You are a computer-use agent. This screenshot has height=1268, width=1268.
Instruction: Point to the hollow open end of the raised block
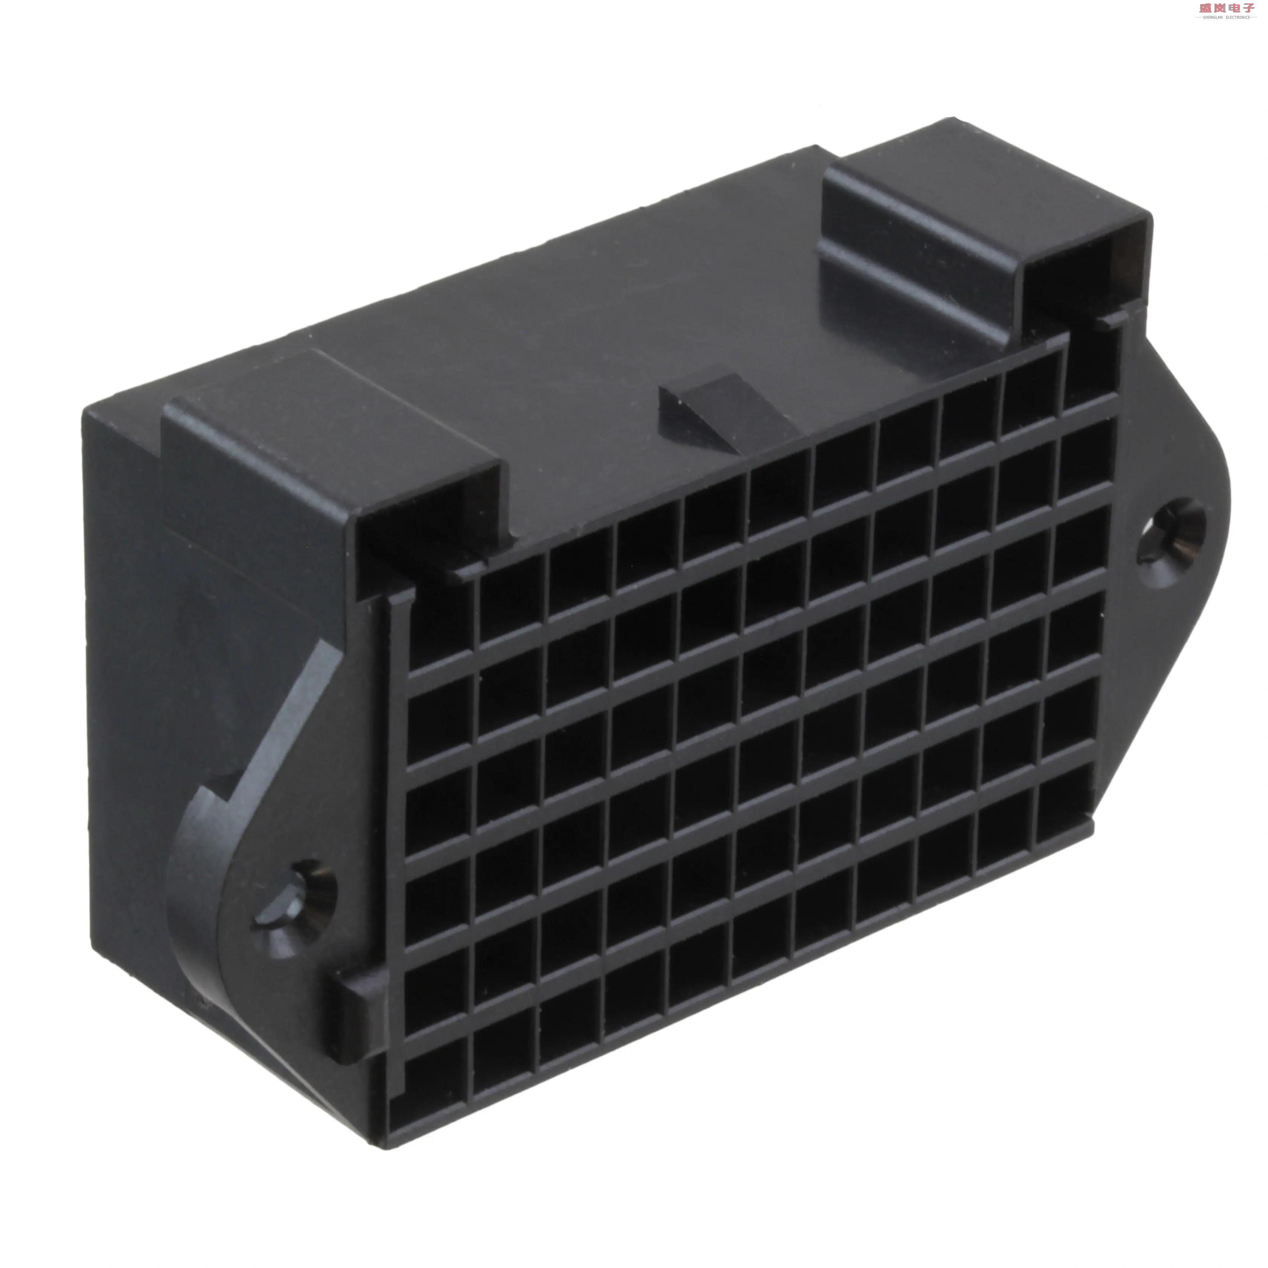(1086, 262)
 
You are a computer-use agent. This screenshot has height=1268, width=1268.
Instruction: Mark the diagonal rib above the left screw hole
(289, 709)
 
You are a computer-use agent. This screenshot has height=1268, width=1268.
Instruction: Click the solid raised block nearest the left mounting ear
(328, 453)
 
